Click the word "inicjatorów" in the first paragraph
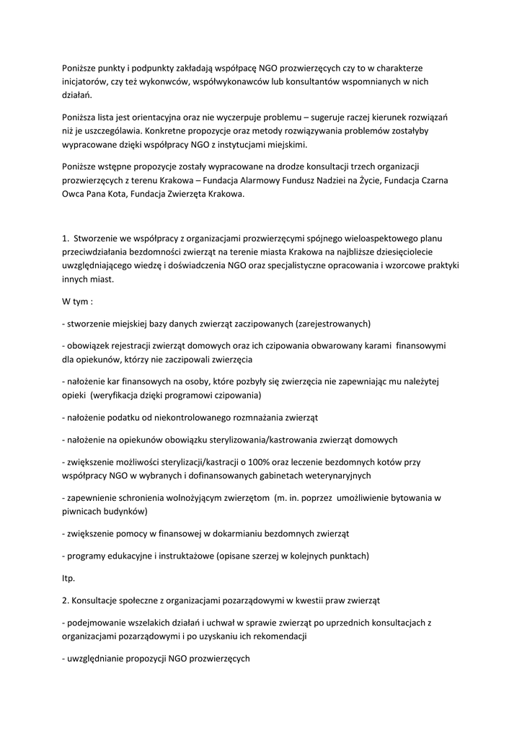(x=84, y=81)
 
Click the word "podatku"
(x=125, y=417)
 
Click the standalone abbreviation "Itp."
(x=69, y=578)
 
